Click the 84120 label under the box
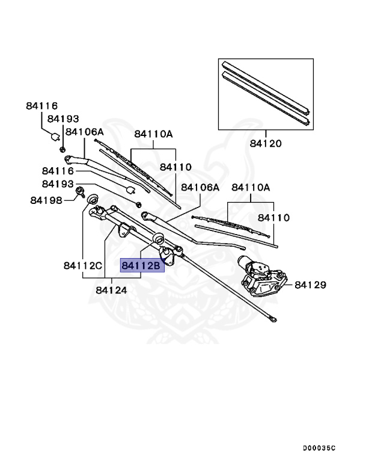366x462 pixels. pos(266,144)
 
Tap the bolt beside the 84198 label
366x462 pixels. pos(79,193)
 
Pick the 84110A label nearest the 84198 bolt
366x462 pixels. pos(153,134)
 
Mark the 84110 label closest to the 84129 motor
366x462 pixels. pos(274,218)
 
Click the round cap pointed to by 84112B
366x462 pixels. pos(160,239)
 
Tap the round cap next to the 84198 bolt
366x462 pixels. pos(93,200)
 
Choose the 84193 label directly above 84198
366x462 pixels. pos(58,183)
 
